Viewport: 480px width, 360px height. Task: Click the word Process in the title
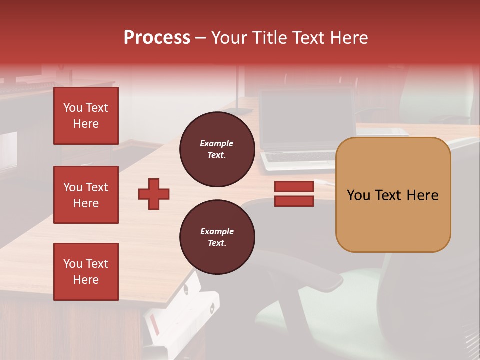click(x=157, y=38)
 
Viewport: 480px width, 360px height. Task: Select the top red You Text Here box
click(x=86, y=116)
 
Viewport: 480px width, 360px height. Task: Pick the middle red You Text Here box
click(x=86, y=195)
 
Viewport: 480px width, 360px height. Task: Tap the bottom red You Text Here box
click(x=86, y=272)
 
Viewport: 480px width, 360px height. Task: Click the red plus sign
click(x=154, y=194)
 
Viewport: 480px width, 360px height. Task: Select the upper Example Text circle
click(x=217, y=149)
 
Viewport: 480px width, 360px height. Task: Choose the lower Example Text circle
click(x=217, y=237)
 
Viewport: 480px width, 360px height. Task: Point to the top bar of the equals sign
click(x=294, y=187)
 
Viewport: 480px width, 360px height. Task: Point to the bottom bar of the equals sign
click(x=294, y=201)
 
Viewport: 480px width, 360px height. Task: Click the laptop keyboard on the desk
click(x=300, y=157)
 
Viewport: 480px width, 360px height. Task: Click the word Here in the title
click(x=348, y=38)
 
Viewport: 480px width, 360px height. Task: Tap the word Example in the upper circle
click(x=216, y=143)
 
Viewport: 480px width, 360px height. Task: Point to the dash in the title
click(x=201, y=38)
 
